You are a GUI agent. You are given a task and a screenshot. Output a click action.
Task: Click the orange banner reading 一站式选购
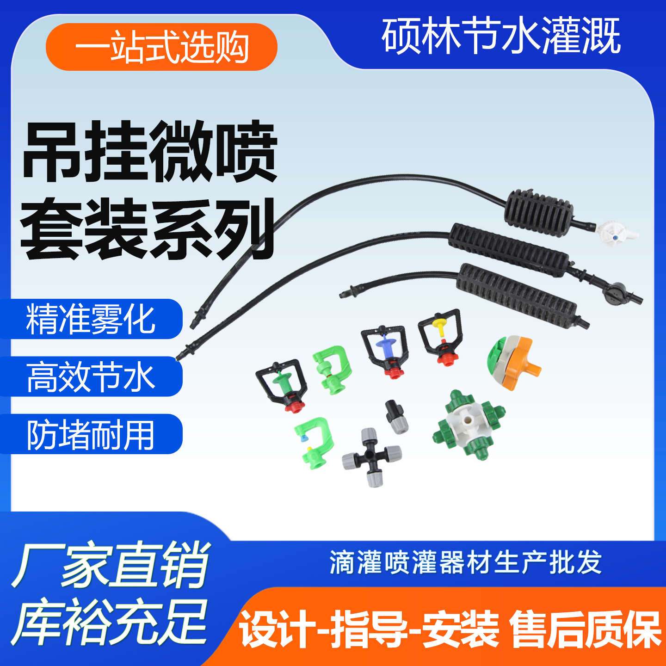(161, 47)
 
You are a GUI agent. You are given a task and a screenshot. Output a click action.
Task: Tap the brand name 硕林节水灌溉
(500, 36)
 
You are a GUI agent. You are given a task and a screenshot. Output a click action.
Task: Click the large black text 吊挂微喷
(149, 151)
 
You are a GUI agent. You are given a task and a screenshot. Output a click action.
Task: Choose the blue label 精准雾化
(91, 319)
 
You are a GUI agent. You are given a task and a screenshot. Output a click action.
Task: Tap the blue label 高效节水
(91, 377)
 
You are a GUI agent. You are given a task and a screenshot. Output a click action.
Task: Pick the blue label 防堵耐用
(91, 434)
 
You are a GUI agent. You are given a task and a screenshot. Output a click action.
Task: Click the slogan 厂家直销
(111, 565)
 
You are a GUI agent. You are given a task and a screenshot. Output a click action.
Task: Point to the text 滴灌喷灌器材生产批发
(465, 563)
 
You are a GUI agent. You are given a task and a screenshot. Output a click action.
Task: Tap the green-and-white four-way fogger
(469, 424)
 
